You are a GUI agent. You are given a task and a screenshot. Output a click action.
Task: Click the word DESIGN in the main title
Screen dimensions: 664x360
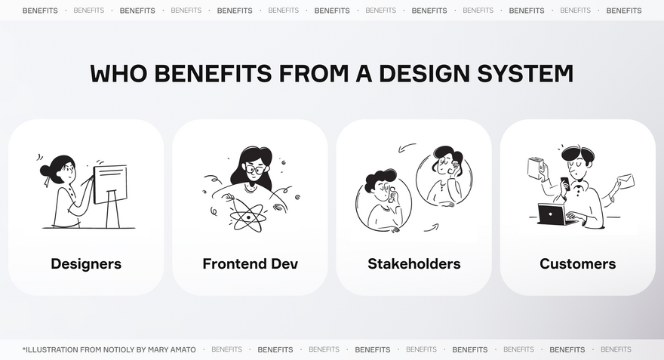(x=424, y=73)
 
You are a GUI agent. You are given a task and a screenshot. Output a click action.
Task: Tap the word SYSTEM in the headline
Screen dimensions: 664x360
(x=525, y=73)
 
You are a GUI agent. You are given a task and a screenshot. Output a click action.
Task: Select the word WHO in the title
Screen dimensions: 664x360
(x=118, y=73)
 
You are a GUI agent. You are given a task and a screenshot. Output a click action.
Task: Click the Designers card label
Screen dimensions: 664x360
(x=86, y=264)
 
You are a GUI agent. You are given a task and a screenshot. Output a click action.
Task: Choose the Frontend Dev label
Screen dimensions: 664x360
(x=251, y=264)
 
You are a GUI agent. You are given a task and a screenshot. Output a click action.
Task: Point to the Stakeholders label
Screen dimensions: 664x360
(x=414, y=264)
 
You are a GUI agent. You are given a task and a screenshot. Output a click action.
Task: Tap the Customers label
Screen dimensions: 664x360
(x=578, y=264)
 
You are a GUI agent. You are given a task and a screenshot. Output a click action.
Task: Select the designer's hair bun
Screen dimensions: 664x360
(x=45, y=171)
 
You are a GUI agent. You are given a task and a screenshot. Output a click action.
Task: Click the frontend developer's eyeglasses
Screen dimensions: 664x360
(x=254, y=170)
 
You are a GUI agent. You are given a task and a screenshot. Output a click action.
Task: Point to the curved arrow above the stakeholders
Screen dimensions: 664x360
(x=407, y=148)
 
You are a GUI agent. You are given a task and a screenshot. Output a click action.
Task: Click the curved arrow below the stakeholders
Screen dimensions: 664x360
(x=431, y=228)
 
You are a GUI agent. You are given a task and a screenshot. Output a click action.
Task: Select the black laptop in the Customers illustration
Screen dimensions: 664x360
(x=552, y=215)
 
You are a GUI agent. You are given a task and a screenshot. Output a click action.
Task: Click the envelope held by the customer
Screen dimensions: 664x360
(x=626, y=181)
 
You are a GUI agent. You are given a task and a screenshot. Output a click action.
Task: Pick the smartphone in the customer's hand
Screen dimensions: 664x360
(x=564, y=182)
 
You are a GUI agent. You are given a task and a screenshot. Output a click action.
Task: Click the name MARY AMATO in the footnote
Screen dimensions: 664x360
(x=172, y=350)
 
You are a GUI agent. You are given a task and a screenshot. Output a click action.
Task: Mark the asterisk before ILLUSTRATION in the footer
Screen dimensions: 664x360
(x=24, y=349)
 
